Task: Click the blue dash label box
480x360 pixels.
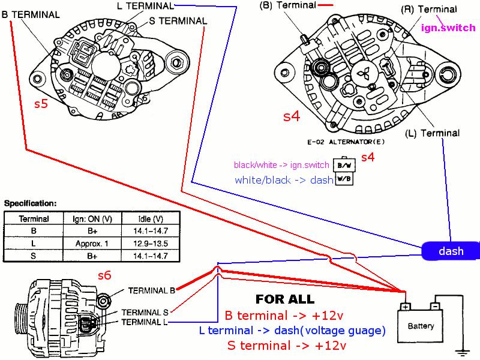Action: point(450,251)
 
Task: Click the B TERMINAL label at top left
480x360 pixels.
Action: point(31,14)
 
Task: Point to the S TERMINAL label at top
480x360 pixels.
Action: point(178,21)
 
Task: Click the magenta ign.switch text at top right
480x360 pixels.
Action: point(448,28)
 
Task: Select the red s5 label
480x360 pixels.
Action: point(41,104)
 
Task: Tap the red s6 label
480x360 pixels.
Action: point(104,275)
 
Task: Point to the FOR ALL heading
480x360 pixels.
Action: point(285,299)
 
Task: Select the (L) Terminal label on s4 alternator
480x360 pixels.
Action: point(433,133)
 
